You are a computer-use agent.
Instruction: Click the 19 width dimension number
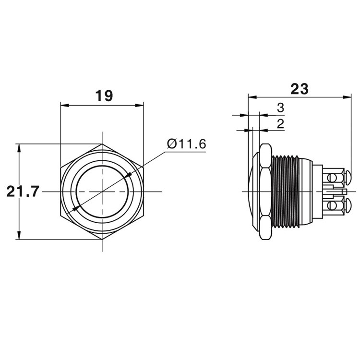pyautogui.click(x=104, y=96)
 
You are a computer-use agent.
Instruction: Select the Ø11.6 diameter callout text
pyautogui.click(x=187, y=144)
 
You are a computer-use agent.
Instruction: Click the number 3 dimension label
pyautogui.click(x=281, y=108)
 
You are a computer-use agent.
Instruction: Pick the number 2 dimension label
pyautogui.click(x=281, y=124)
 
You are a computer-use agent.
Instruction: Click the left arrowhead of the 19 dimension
pyautogui.click(x=65, y=106)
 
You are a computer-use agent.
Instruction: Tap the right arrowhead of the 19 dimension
pyautogui.click(x=139, y=106)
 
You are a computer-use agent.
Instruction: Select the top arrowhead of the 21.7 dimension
pyautogui.click(x=19, y=148)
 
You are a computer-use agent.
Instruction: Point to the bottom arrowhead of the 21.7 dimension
pyautogui.click(x=19, y=235)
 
